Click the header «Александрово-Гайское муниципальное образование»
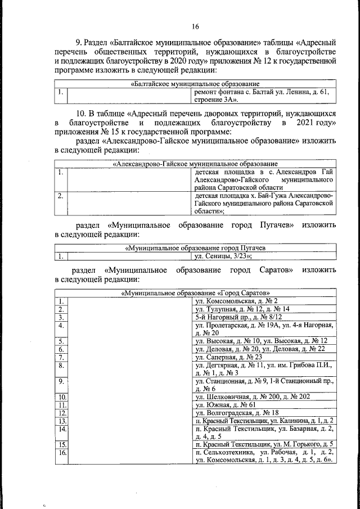195,164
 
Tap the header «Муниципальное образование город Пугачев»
195,248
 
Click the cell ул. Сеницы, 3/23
223,256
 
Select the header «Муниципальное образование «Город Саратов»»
195,293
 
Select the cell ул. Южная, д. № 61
225,404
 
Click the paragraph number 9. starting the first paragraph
79,42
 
